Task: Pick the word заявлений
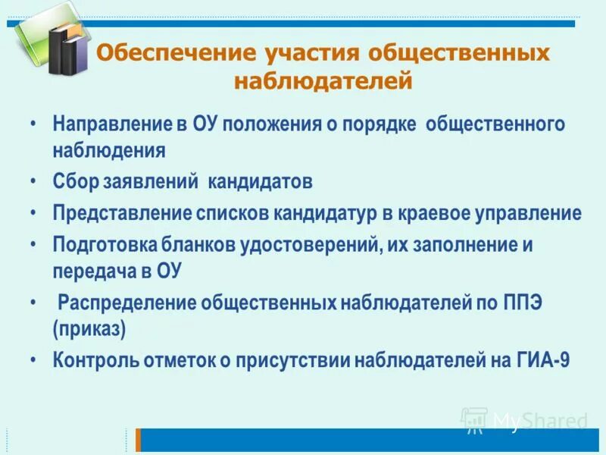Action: pos(145,182)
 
